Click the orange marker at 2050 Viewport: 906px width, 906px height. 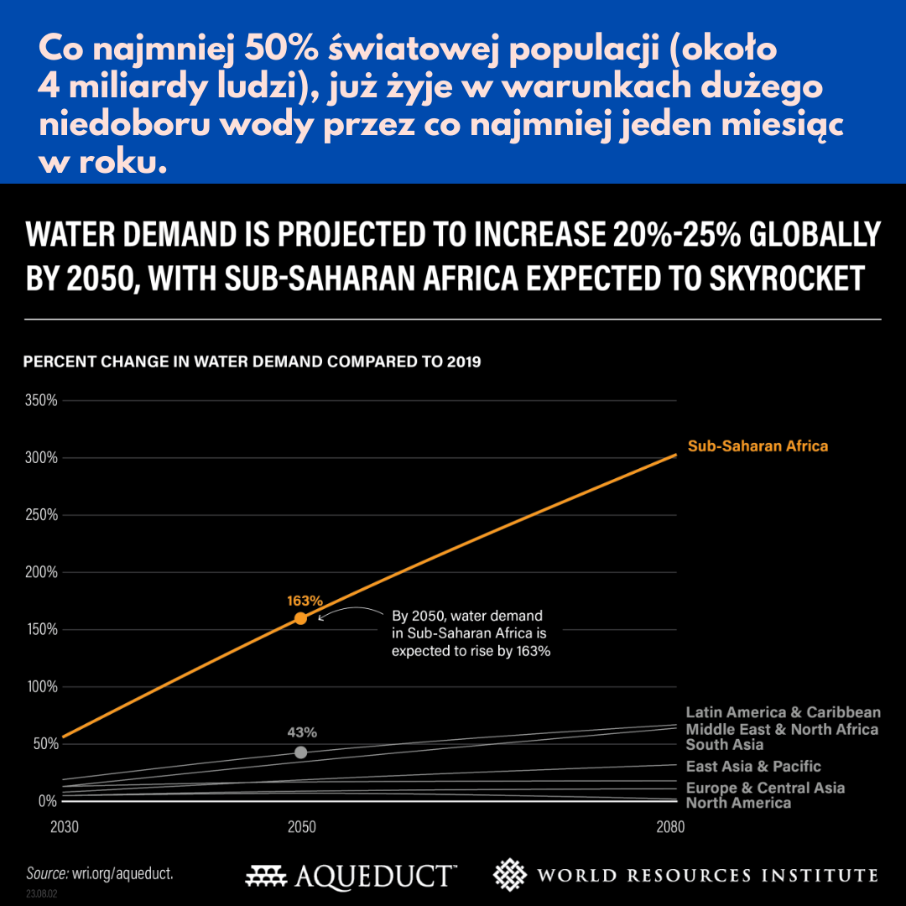[x=300, y=618]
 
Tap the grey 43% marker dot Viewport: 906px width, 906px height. [x=300, y=752]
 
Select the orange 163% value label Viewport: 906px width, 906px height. [x=305, y=601]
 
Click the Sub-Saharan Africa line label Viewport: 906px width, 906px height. [x=758, y=446]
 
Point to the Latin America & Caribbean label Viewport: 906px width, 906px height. [x=784, y=712]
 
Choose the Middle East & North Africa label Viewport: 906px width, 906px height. [x=782, y=729]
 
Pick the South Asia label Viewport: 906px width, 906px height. [x=725, y=745]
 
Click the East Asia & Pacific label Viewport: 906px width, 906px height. [x=753, y=767]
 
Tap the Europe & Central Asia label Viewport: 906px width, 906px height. [x=765, y=788]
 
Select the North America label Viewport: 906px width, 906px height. [x=738, y=804]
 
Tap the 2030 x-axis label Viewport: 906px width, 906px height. [x=65, y=827]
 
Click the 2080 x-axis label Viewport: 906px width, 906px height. [x=670, y=827]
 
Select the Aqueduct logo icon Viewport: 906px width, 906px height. [x=267, y=877]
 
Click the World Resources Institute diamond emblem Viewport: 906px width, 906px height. [x=509, y=875]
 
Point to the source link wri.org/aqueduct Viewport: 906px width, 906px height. [x=122, y=873]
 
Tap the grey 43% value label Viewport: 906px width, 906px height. [x=300, y=732]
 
